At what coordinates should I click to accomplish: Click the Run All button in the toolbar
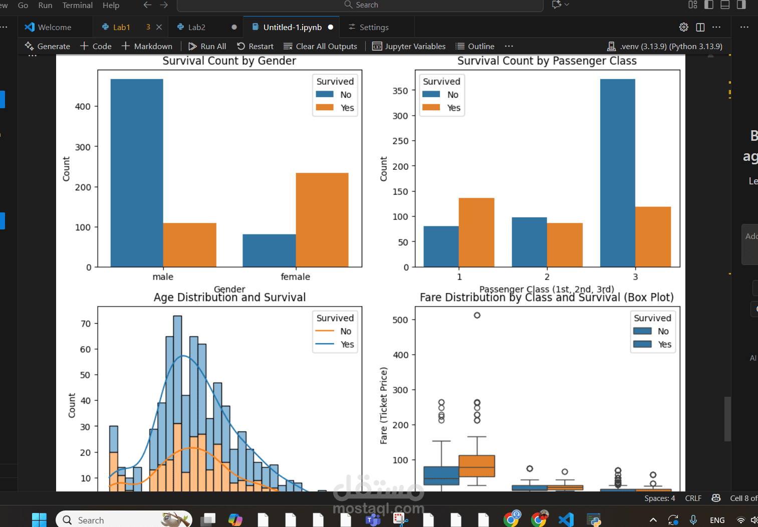[207, 46]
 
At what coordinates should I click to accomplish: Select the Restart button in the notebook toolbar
[255, 46]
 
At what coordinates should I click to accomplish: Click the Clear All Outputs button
[320, 46]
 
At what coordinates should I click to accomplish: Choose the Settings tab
[374, 27]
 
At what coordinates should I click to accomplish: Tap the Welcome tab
[54, 27]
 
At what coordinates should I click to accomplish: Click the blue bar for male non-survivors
[137, 173]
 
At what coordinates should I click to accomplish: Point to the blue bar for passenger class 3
[618, 173]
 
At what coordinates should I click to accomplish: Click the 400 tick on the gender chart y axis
[83, 107]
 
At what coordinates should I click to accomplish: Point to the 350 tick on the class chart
[400, 91]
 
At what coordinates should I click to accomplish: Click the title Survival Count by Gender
[229, 61]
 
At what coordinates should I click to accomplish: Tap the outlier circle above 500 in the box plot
[477, 315]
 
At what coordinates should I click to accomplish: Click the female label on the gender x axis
[295, 277]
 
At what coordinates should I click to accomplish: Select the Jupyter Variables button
[409, 46]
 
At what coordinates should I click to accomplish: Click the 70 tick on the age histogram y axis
[86, 324]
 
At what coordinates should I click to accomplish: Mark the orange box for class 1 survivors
[477, 466]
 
